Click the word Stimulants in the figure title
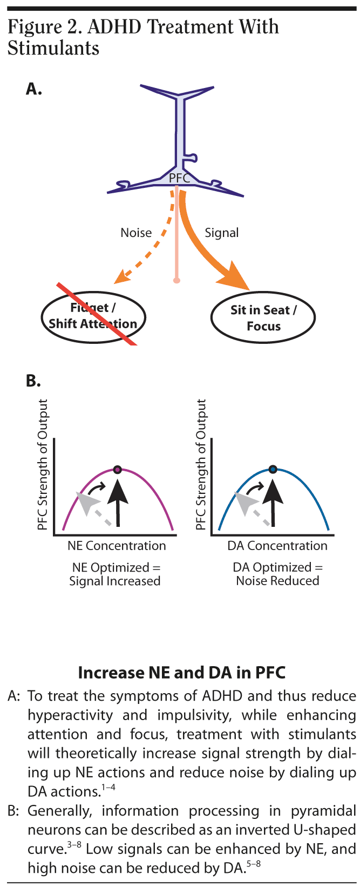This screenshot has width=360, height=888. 53,48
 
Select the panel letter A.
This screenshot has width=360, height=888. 33,89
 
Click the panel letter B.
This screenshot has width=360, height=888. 33,381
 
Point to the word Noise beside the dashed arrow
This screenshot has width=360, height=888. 136,233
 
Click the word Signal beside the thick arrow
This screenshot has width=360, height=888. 221,233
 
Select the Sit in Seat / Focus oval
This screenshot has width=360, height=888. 263,317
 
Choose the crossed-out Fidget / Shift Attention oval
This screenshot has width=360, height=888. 93,316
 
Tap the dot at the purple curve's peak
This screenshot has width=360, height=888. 118,469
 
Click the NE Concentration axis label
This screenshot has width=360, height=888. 117,546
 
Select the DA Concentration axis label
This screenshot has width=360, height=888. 277,546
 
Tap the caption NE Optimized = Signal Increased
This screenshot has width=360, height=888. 115,574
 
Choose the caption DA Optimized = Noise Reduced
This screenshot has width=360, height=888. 277,574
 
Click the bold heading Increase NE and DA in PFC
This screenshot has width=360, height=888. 181,673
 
